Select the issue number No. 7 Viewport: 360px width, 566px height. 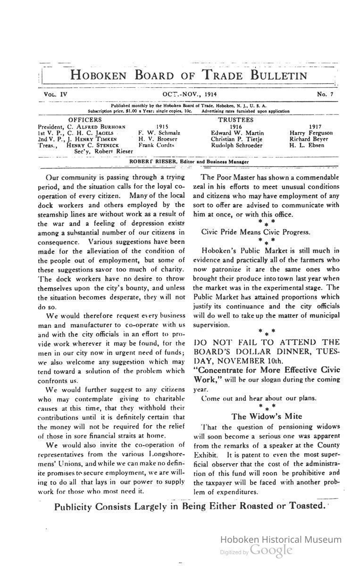325,94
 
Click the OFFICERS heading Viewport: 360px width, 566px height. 85,120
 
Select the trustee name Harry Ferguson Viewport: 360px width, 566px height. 311,133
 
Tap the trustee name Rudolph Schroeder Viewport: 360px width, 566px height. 237,145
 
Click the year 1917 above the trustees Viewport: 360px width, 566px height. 315,127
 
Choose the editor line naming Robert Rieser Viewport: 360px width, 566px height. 189,162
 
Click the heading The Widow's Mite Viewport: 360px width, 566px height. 267,416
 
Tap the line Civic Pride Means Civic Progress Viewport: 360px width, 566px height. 256,232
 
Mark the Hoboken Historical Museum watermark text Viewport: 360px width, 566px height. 281,540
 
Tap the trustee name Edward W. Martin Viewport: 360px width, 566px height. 237,133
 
